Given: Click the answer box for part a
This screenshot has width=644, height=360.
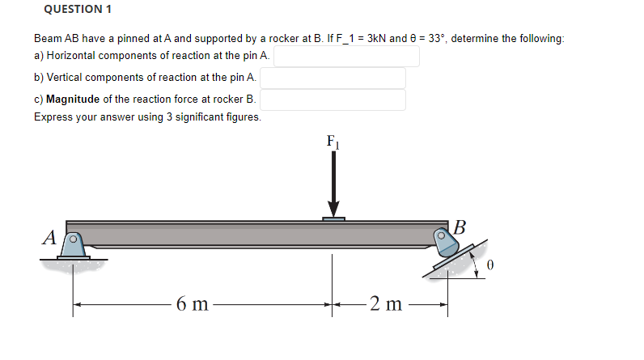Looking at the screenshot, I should [347, 56].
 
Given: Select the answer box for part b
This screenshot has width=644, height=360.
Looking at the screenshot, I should [333, 78].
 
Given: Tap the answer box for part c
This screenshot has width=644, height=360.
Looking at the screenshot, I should [333, 100].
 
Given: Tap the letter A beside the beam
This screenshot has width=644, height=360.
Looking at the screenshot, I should [49, 238].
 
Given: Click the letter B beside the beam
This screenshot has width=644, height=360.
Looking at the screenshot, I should [460, 226].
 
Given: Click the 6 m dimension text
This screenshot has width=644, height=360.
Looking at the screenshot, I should [193, 305].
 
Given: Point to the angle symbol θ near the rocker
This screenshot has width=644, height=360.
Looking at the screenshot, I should [489, 265].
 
